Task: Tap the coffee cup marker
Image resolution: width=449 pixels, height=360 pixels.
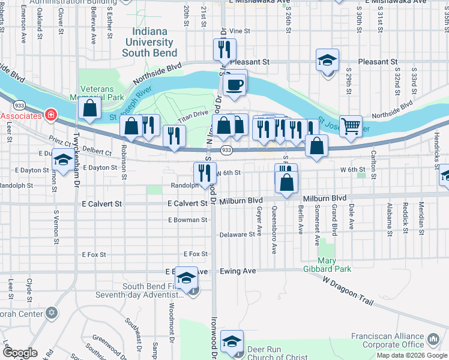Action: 235,84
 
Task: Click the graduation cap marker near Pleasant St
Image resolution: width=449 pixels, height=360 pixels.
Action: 327,61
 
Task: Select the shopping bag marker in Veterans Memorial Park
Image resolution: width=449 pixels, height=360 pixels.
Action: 89,109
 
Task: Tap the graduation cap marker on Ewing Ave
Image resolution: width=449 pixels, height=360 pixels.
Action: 187,278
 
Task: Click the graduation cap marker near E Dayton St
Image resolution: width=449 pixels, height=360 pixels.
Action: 63,160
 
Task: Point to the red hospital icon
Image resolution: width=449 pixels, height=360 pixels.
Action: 51,115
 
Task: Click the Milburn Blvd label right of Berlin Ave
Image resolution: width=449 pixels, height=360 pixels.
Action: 325,198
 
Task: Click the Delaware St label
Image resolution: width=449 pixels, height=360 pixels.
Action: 237,235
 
